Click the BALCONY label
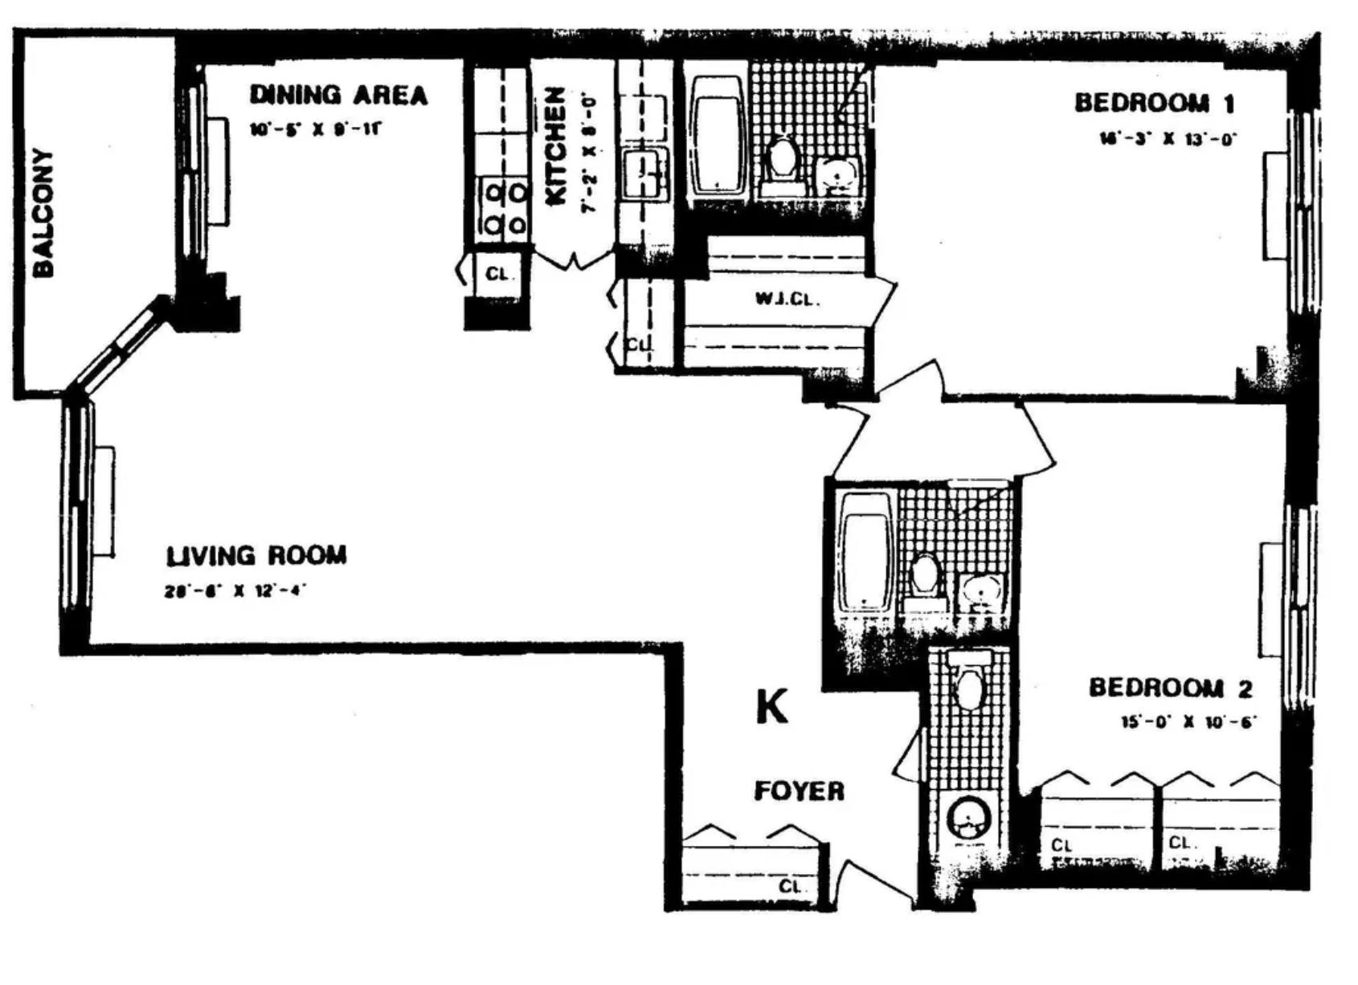(43, 213)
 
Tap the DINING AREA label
(338, 95)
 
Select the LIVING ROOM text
(256, 555)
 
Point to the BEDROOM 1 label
(1154, 103)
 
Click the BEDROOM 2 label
(1171, 688)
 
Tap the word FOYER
(799, 791)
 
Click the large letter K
(772, 708)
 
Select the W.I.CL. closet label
(787, 300)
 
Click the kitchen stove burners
(504, 208)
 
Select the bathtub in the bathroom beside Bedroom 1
(717, 135)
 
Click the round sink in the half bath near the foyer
(969, 819)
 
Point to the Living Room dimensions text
(235, 591)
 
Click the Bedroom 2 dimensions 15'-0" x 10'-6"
(1188, 721)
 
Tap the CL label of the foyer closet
(790, 887)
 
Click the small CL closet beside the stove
(497, 274)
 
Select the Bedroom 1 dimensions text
(1167, 138)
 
